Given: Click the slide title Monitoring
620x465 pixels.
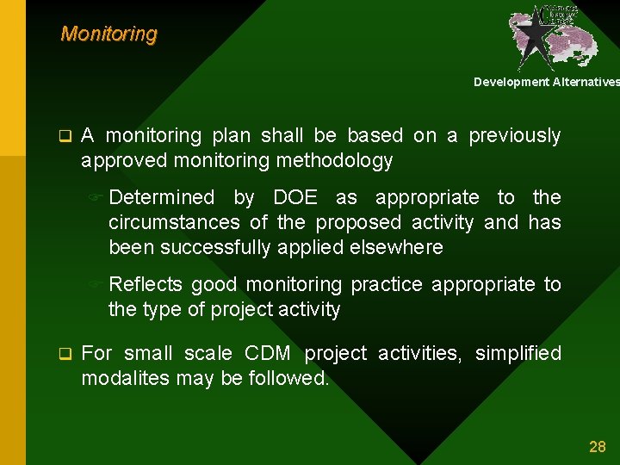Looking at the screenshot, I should tap(108, 34).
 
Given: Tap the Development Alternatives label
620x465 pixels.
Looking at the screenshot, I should tap(546, 82).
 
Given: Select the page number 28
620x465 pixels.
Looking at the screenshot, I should tap(597, 446).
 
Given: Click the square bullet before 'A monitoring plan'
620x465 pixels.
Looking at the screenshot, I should tap(63, 136).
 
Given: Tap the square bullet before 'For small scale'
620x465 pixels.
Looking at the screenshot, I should tap(63, 354).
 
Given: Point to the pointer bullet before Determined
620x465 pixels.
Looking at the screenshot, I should tap(98, 198).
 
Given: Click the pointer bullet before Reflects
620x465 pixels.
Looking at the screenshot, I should tap(98, 285).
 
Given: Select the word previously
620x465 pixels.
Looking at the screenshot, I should tap(515, 136).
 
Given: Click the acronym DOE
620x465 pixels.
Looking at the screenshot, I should tap(294, 198).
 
